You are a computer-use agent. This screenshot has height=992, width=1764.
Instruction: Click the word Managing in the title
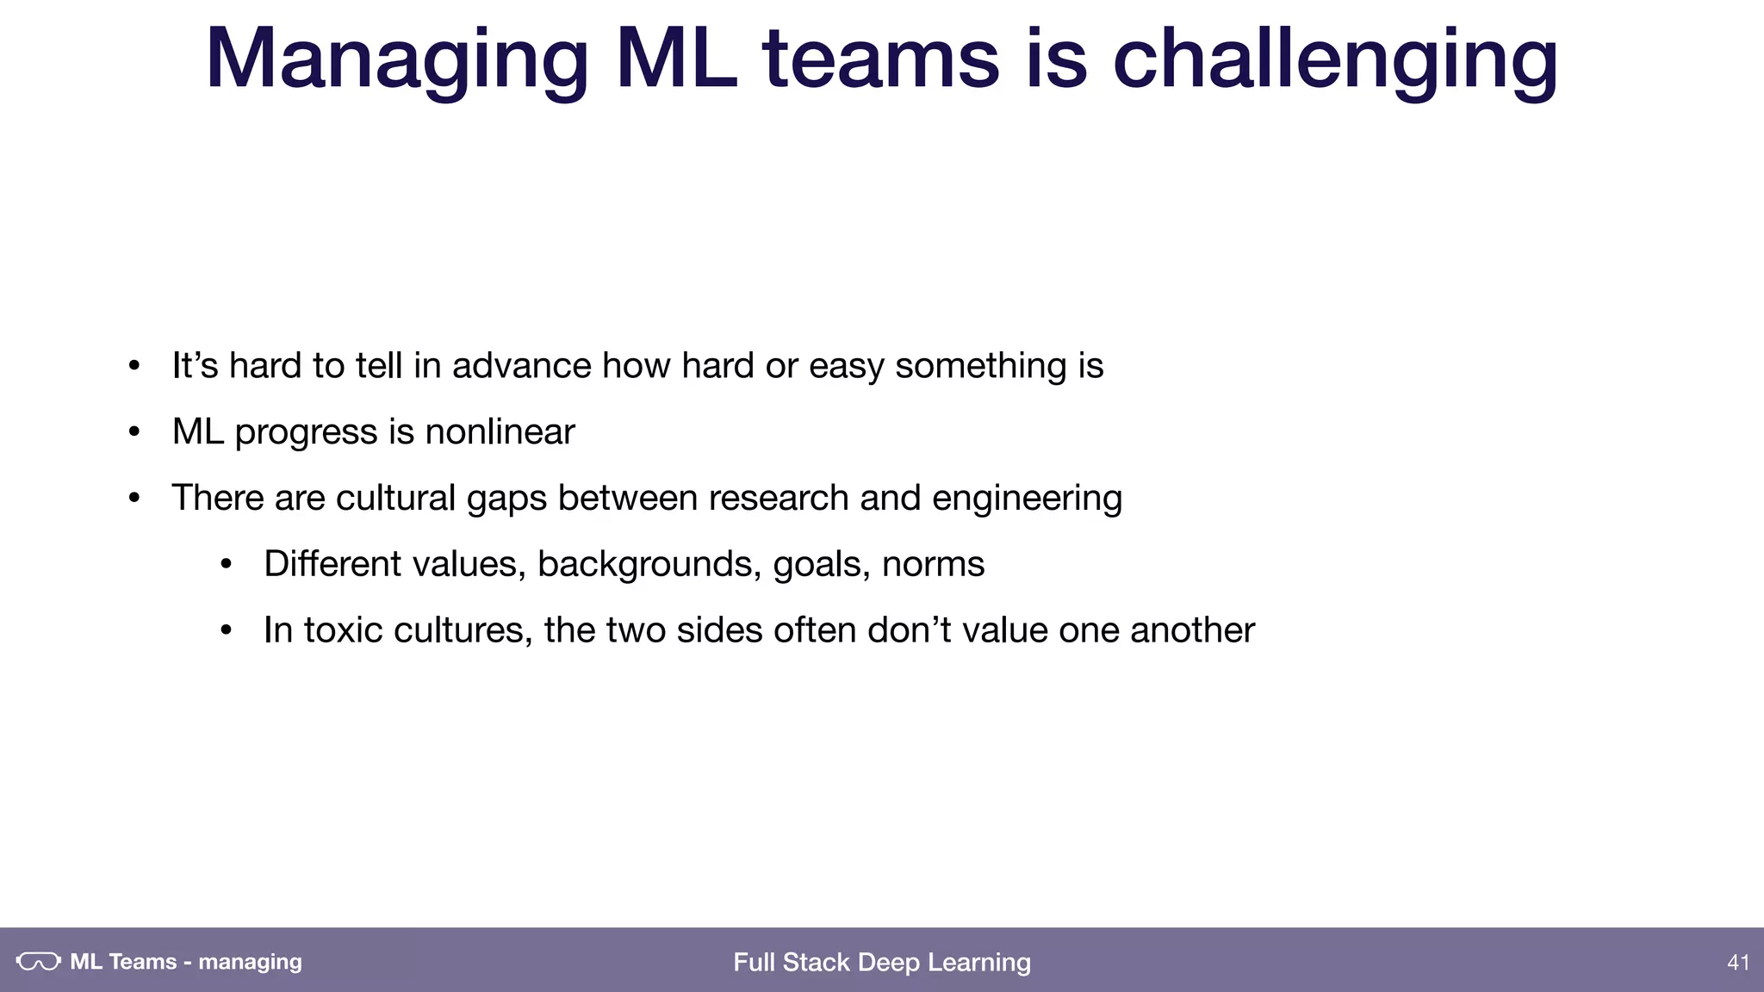click(x=396, y=60)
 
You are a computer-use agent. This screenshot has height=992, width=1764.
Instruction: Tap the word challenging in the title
click(x=1335, y=60)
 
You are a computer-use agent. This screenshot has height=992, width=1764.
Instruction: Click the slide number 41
click(x=1738, y=962)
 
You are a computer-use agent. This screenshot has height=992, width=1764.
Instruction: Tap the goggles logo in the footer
click(x=39, y=962)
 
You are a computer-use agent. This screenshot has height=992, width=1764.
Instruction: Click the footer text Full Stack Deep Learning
click(x=882, y=962)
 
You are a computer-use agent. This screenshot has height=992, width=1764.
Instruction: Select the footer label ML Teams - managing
click(x=186, y=962)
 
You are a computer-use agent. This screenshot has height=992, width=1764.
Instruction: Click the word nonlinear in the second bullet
click(x=500, y=431)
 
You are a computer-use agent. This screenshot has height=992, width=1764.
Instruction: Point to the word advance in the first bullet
click(x=521, y=366)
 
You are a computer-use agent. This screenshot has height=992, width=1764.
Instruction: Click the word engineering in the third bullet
click(x=1027, y=499)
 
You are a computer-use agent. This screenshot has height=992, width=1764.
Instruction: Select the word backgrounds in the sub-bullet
click(x=649, y=564)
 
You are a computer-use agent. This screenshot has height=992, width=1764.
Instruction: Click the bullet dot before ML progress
click(x=134, y=432)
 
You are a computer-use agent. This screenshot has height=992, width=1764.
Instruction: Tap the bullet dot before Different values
click(x=227, y=565)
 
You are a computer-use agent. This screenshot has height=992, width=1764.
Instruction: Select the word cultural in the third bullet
click(x=395, y=498)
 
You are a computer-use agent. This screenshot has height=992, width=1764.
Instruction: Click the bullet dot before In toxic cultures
click(x=227, y=631)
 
